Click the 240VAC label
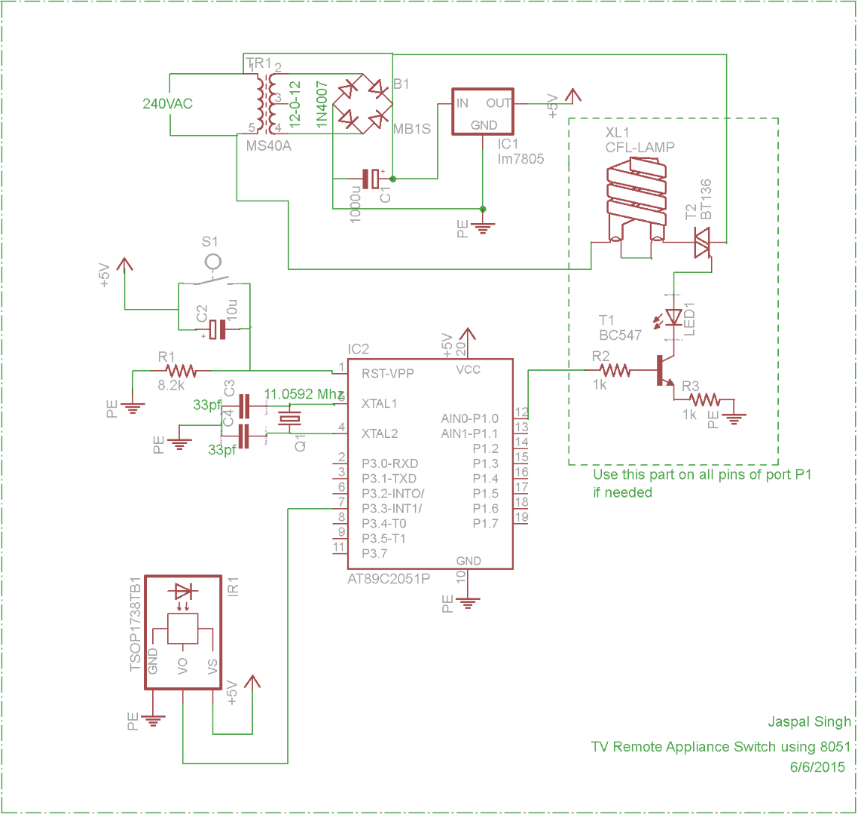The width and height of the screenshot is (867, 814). point(167,104)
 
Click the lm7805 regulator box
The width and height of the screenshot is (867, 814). point(482,112)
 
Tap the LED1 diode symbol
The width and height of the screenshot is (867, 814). point(673,317)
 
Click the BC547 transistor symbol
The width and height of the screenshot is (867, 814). point(663,372)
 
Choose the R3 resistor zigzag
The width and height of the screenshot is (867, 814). point(704,400)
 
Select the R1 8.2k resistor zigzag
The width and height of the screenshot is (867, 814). point(181,371)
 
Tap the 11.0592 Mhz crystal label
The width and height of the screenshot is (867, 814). point(304,394)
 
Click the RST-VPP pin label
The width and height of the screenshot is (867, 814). point(387,374)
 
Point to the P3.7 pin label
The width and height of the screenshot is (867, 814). point(374,554)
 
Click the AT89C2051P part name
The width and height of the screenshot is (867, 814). point(389,579)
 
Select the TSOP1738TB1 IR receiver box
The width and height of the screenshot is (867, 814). point(183,632)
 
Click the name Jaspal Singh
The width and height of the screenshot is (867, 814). point(809,722)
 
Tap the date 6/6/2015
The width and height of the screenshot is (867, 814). point(817,767)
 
